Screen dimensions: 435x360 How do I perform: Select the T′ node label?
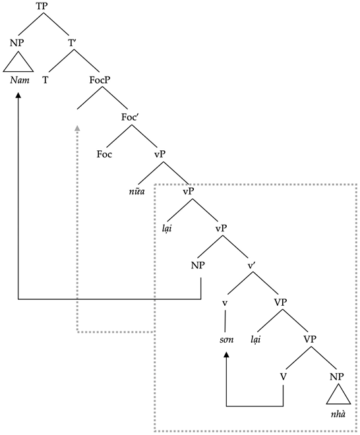(x=73, y=44)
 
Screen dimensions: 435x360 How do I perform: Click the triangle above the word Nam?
(x=18, y=64)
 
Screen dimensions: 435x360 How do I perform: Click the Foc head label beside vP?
(x=104, y=155)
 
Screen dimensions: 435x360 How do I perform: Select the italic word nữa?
(x=137, y=192)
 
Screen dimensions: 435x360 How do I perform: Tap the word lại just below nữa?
(x=168, y=229)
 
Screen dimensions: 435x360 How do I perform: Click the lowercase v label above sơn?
(x=226, y=303)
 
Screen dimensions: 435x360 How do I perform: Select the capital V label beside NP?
(x=283, y=376)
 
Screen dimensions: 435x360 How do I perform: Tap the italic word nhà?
(x=337, y=413)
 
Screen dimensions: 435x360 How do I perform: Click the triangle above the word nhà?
(x=337, y=395)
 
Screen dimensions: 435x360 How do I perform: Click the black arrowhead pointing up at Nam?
(x=18, y=96)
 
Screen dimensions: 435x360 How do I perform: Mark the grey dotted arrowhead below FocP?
(x=78, y=128)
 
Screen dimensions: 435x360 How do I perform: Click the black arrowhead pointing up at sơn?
(x=226, y=356)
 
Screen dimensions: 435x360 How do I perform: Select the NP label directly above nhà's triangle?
(x=337, y=376)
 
